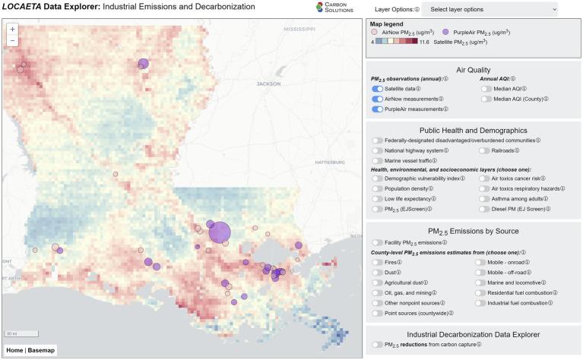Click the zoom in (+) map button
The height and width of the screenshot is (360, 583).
(x=13, y=29)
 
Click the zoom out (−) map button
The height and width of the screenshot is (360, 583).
(x=13, y=41)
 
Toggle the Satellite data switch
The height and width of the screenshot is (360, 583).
(x=377, y=89)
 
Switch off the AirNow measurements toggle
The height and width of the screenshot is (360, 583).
(x=377, y=99)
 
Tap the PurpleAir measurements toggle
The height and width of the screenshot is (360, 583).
(x=377, y=109)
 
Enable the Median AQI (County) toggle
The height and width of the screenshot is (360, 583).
(x=486, y=99)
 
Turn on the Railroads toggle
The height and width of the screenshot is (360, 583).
(x=486, y=150)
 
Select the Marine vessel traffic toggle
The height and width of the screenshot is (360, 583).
(x=377, y=160)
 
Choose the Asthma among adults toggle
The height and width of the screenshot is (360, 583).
(x=486, y=198)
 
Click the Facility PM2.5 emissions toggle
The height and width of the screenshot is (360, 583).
(x=377, y=242)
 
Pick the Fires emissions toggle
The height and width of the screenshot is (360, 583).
(x=377, y=262)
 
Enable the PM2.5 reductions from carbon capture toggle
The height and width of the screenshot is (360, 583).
(x=377, y=344)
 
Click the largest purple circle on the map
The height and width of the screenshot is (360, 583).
(x=220, y=232)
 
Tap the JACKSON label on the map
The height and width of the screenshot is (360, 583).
(x=269, y=84)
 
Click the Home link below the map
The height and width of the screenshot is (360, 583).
(x=14, y=351)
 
